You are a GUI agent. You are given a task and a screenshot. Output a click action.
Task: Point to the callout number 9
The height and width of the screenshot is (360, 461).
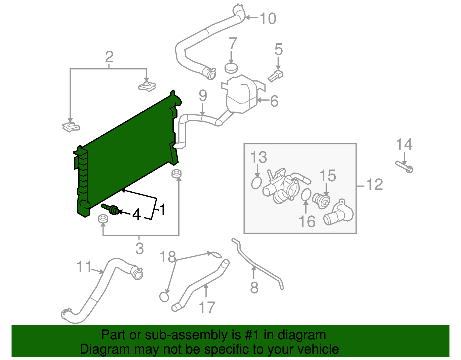coord(203,96)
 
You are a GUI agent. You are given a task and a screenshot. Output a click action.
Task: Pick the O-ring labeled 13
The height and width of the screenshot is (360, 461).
coord(256,183)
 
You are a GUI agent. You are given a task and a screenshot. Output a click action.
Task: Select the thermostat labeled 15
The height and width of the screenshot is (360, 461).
coord(321,201)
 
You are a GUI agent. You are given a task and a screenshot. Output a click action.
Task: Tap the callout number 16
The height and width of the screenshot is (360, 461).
coord(307,221)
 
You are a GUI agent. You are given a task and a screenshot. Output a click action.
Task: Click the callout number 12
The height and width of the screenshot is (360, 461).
coord(375,184)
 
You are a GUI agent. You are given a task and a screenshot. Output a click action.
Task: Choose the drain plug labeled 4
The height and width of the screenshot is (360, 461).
coord(110,209)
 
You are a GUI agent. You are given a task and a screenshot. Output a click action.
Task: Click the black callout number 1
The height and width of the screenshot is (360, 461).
coord(163,210)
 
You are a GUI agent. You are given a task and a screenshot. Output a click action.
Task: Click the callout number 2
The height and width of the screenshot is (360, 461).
coord(109,57)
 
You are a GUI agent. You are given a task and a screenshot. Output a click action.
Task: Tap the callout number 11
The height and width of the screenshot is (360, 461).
coord(84,266)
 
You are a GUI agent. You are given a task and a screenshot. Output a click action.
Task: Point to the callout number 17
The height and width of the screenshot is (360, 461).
coord(207,307)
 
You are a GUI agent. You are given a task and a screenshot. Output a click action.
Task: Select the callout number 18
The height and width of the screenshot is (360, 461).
coord(168,257)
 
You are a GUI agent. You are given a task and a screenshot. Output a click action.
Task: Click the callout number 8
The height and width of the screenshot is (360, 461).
coord(254,288)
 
